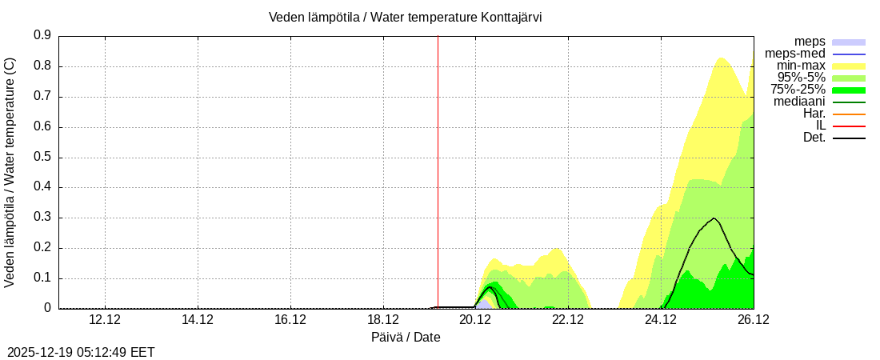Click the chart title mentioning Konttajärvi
[x=405, y=18]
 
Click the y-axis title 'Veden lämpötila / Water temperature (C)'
[x=10, y=171]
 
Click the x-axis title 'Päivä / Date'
[x=406, y=337]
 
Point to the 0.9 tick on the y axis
[x=42, y=36]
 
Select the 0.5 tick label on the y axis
[x=42, y=158]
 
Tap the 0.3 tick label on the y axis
[x=42, y=218]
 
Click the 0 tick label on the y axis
[x=48, y=308]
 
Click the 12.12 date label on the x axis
[x=105, y=319]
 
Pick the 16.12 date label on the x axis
[x=290, y=319]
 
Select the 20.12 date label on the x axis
[x=475, y=319]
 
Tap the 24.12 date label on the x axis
[x=661, y=319]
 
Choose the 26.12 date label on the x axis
[x=753, y=319]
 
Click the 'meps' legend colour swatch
[x=848, y=42]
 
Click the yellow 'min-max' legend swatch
[x=848, y=66]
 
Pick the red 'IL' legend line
[x=848, y=126]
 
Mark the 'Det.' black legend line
[x=848, y=138]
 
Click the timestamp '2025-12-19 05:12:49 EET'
[x=81, y=352]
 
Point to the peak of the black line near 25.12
[x=714, y=218]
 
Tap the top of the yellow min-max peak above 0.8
[x=721, y=57]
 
